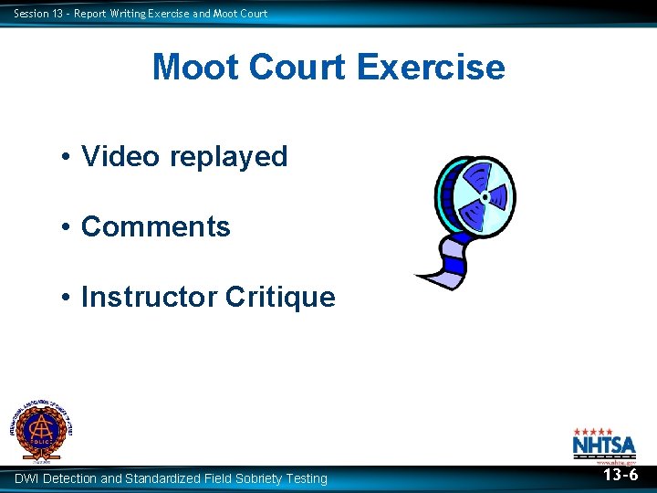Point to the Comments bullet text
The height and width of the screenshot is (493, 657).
156,226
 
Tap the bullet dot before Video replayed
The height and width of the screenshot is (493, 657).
68,157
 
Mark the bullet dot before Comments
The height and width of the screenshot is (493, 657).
68,227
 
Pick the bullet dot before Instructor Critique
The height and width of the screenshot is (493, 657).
68,298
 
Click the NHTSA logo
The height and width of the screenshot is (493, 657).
604,445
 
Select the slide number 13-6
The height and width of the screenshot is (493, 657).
620,475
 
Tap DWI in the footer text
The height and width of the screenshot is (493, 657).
26,478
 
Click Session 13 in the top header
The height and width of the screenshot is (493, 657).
35,13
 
